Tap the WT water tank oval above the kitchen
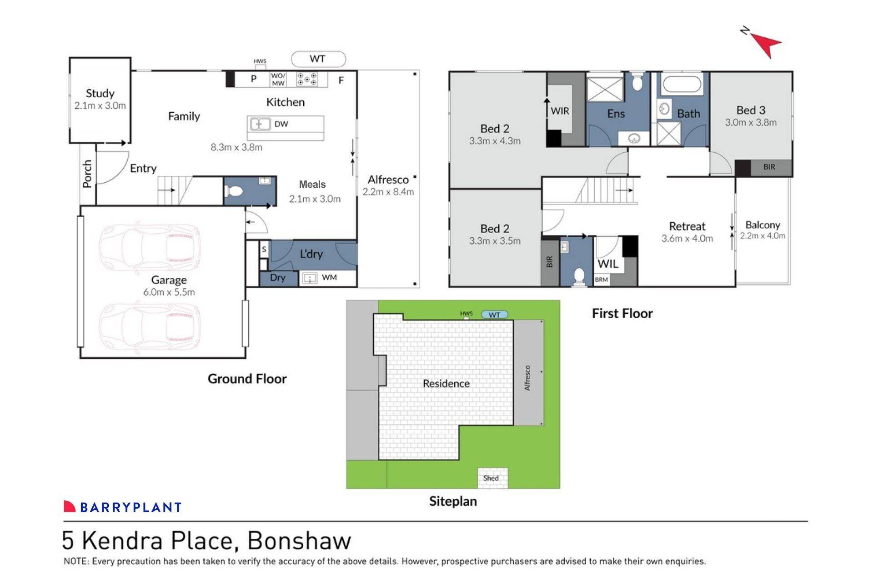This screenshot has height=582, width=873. tap(318, 59)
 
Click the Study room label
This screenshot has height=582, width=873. tap(100, 93)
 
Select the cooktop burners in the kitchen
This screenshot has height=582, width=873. tap(307, 80)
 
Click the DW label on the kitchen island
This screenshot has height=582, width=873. tap(281, 124)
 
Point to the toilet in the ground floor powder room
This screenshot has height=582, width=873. tap(234, 191)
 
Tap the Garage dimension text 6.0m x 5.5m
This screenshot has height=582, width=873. tap(169, 292)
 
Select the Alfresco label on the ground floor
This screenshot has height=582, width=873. tap(388, 180)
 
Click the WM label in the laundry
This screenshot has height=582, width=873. tap(329, 277)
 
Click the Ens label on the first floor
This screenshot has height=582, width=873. tap(616, 114)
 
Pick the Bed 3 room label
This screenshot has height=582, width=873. tap(751, 110)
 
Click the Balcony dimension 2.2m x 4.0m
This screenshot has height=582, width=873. tap(763, 236)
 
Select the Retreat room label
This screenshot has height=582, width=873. tap(687, 226)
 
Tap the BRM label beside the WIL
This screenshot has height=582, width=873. tap(601, 280)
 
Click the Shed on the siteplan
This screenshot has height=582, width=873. tap(491, 478)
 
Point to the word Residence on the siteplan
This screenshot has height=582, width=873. tap(446, 383)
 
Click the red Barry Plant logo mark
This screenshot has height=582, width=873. tap(69, 507)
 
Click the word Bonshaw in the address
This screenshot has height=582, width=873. tap(299, 541)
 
